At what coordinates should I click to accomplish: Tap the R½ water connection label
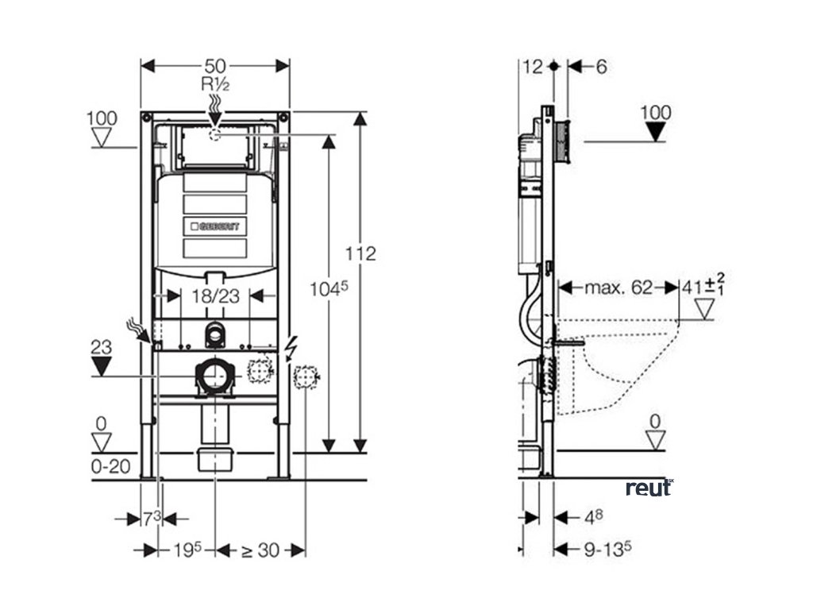pos(214,83)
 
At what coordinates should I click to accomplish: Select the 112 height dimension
pos(361,254)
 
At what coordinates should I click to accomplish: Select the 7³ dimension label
pos(152,519)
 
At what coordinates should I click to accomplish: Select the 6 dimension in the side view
pos(600,67)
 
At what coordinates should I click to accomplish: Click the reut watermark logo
pos(649,487)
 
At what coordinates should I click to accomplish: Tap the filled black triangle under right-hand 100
pos(655,132)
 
